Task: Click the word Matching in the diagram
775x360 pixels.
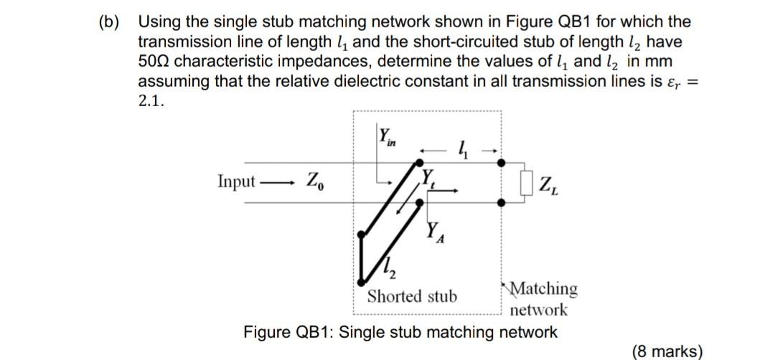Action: pos(543,288)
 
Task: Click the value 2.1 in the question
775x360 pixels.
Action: pos(151,100)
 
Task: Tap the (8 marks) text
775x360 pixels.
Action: pos(667,351)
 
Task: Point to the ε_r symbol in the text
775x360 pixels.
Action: pos(671,81)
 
